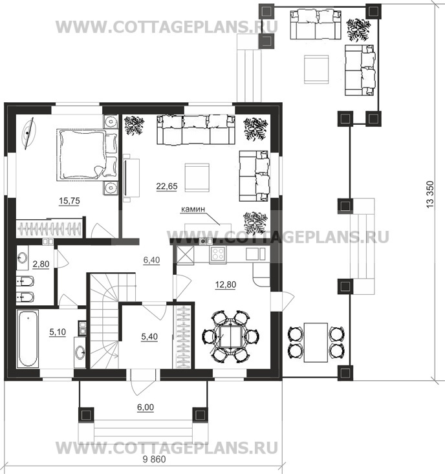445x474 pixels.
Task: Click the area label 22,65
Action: coord(167,186)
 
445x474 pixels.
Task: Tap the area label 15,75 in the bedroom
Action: coord(69,200)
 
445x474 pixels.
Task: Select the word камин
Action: coord(193,209)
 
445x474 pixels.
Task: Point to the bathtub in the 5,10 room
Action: coord(28,338)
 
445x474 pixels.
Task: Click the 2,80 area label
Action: coord(41,264)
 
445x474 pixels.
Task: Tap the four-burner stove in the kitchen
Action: coord(218,253)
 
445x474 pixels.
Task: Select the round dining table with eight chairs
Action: coord(231,336)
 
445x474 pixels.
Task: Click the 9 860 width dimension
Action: coord(154,460)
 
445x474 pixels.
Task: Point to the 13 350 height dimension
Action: coord(430,194)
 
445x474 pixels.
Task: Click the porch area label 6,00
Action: coord(146,407)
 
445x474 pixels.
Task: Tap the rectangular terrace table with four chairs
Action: coord(316,343)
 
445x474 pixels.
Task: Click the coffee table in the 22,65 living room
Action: coord(197,177)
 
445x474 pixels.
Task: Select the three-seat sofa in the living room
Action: coord(196,129)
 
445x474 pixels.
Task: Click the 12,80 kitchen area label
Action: coord(226,285)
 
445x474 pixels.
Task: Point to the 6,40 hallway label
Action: coord(151,260)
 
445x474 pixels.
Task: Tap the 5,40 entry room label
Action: coord(149,336)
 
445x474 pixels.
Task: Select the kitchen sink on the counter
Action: coord(255,254)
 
